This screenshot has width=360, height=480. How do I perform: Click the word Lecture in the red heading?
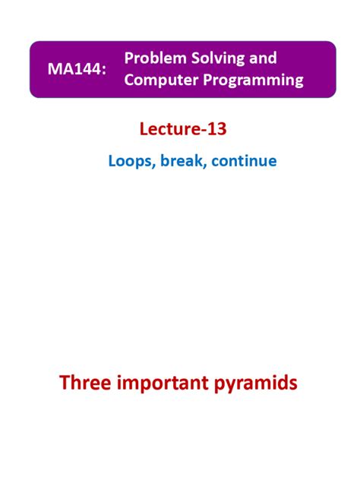(x=167, y=130)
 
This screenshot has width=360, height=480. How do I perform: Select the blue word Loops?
(x=129, y=161)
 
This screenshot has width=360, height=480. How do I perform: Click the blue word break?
(x=178, y=161)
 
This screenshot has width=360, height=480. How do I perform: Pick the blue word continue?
(x=244, y=161)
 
